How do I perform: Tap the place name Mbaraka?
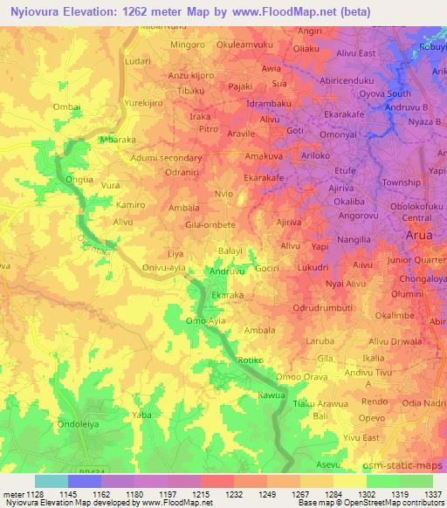(x=120, y=140)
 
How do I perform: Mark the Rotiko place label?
(x=250, y=360)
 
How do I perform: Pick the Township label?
(x=401, y=182)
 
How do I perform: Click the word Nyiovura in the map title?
(x=38, y=12)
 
